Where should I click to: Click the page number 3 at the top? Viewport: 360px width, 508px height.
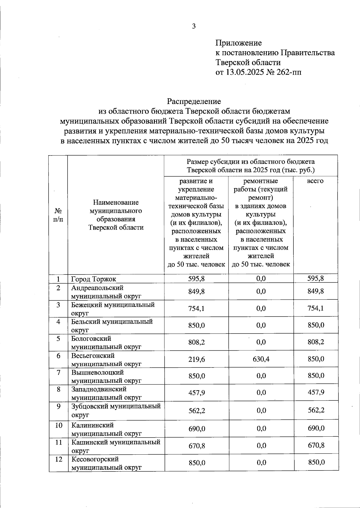click(194, 26)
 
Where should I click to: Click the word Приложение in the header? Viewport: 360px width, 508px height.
click(239, 43)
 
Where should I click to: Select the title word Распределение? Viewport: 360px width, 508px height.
click(194, 101)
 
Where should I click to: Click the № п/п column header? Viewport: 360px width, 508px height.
click(58, 215)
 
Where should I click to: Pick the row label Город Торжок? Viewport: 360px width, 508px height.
click(94, 279)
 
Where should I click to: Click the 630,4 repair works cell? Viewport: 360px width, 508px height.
click(261, 359)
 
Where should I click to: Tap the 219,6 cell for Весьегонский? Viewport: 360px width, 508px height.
click(196, 359)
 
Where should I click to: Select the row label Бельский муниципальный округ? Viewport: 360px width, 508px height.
click(112, 325)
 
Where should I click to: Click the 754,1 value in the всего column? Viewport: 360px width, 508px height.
click(316, 308)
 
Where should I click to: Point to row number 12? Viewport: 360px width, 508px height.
click(58, 459)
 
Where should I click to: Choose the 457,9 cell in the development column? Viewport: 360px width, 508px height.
click(196, 393)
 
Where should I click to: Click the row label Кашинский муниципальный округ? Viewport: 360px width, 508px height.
click(115, 446)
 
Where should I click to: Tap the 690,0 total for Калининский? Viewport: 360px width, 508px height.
click(316, 429)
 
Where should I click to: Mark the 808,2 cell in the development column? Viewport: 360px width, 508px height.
click(196, 342)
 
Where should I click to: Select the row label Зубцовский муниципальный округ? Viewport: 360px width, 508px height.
click(116, 410)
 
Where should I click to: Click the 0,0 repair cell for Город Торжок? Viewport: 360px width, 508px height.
click(261, 279)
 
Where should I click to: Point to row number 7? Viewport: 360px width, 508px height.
click(58, 373)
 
